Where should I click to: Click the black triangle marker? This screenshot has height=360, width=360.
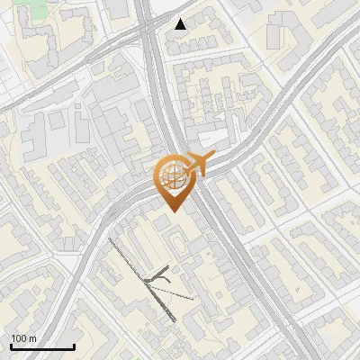(x=181, y=24)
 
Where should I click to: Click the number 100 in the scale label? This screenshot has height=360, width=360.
(x=18, y=338)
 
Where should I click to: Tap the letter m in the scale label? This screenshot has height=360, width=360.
(x=31, y=338)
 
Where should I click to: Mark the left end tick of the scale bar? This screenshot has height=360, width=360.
(x=12, y=346)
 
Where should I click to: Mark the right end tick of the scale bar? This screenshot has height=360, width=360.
(x=74, y=346)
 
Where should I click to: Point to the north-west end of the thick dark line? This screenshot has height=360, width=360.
(x=109, y=239)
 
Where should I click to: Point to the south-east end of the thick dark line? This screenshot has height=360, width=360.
(x=174, y=320)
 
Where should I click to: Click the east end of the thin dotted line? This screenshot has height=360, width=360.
(x=193, y=298)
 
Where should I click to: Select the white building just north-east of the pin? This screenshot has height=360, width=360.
(x=212, y=137)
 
